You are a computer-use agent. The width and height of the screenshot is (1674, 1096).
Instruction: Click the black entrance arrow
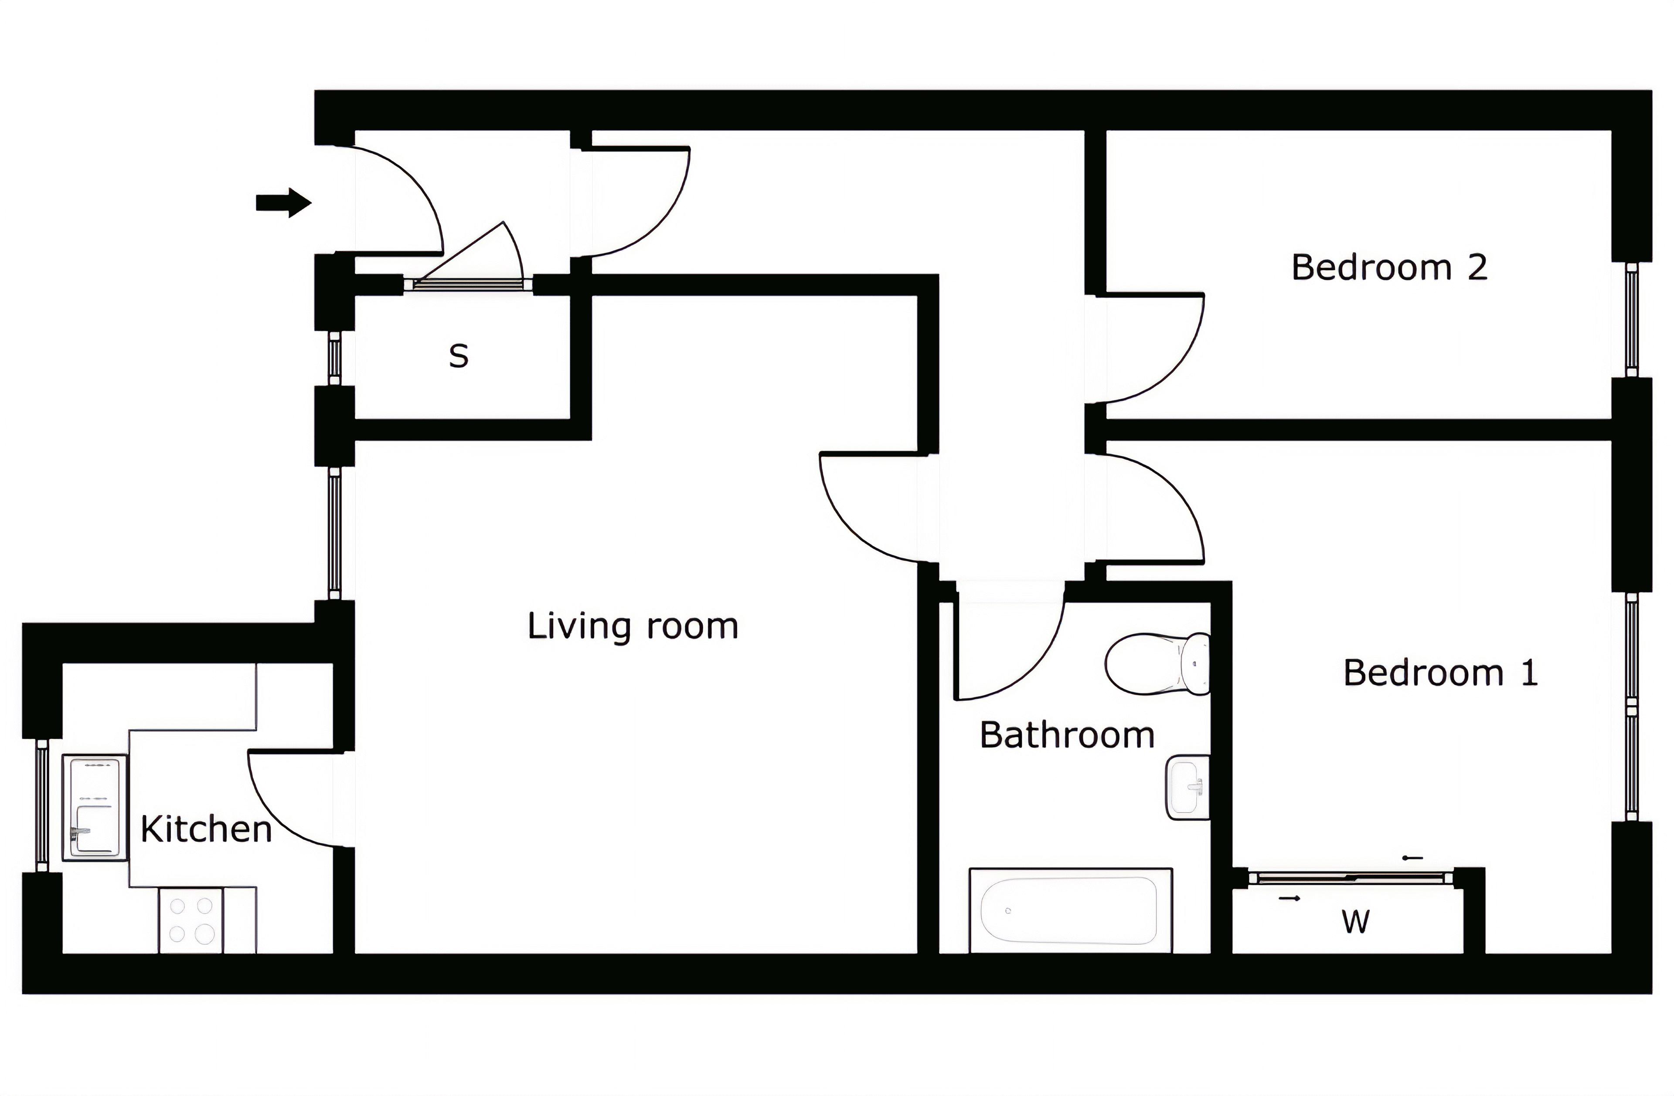click(x=283, y=203)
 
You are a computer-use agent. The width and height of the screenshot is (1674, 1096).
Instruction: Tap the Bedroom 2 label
click(x=1389, y=268)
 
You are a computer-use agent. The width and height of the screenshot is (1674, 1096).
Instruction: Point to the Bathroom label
click(x=1066, y=735)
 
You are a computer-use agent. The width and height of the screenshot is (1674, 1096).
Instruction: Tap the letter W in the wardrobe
click(x=1355, y=922)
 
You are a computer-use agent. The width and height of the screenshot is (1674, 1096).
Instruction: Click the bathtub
click(x=1069, y=910)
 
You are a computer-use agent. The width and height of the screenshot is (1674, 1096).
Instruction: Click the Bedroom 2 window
click(x=1632, y=320)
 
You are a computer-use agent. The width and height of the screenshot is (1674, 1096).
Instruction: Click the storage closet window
click(x=335, y=359)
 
